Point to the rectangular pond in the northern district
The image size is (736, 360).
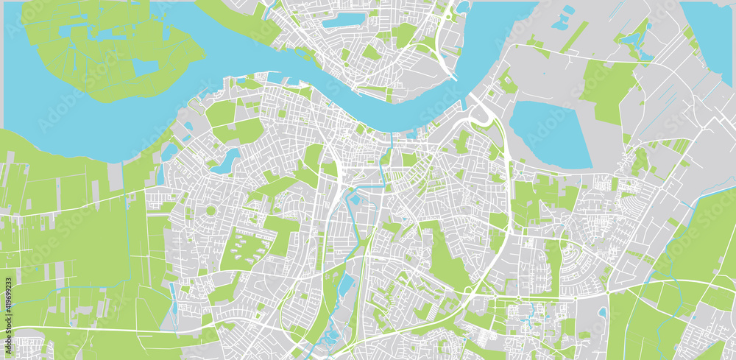tap(343, 20)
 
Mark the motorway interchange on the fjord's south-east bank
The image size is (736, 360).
tap(484, 114)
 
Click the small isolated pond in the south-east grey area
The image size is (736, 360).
tap(603, 312)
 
